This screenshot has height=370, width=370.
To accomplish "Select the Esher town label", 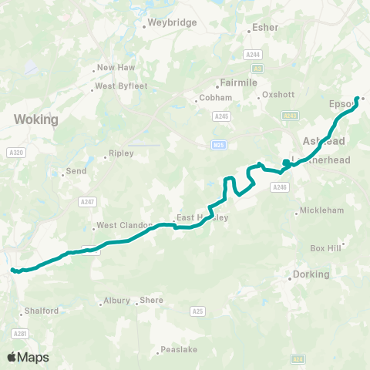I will [265, 28].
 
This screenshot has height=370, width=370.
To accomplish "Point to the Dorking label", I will [311, 274].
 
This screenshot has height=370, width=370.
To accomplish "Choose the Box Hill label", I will [325, 248].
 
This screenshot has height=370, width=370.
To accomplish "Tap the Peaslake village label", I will [177, 350].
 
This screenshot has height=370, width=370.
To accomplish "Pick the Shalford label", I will [42, 311].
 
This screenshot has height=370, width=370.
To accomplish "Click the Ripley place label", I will [121, 153].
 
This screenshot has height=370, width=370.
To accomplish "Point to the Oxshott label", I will [278, 95].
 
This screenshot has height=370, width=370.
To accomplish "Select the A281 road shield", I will [20, 333].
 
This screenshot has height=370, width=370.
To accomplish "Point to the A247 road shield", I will [86, 201].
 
